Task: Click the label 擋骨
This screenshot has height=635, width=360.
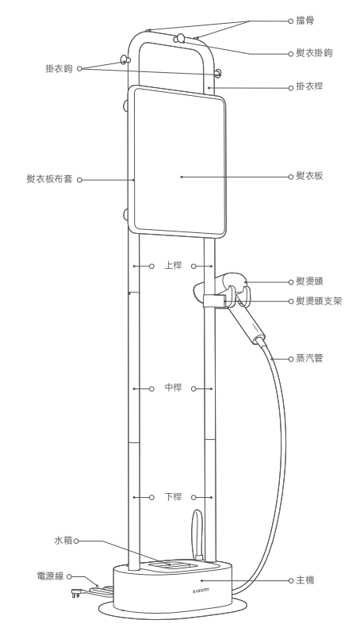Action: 304,21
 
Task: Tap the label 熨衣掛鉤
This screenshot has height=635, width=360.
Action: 314,53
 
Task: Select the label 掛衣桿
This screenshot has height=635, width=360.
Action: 309,86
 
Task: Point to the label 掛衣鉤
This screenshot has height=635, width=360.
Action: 59,68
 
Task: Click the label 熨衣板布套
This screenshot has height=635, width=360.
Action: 49,179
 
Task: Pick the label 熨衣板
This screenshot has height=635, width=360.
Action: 309,176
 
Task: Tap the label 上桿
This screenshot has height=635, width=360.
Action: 173,266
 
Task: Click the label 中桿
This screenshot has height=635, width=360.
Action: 173,388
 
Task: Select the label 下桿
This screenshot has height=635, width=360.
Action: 173,497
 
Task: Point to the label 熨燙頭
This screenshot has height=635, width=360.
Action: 309,281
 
